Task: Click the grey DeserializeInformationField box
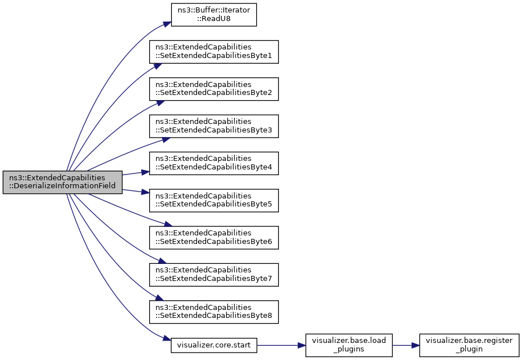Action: [x=63, y=183]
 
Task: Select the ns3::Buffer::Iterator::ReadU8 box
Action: [x=213, y=15]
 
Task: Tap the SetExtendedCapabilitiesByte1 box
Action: [x=213, y=52]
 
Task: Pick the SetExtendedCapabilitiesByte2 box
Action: [x=213, y=89]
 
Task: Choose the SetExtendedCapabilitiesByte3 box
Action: [x=213, y=126]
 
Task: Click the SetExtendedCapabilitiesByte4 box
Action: [x=213, y=163]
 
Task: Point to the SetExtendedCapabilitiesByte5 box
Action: [x=213, y=201]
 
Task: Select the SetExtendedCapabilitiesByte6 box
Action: [x=213, y=238]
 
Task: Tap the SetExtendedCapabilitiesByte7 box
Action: [x=213, y=275]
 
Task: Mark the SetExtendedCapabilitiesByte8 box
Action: [x=213, y=312]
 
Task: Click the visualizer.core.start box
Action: [x=213, y=345]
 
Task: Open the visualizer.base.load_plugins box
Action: [x=349, y=345]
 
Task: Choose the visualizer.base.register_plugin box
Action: [x=469, y=345]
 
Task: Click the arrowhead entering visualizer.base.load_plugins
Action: [x=302, y=345]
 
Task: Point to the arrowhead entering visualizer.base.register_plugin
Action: [x=415, y=345]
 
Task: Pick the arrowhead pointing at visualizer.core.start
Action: [x=167, y=338]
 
